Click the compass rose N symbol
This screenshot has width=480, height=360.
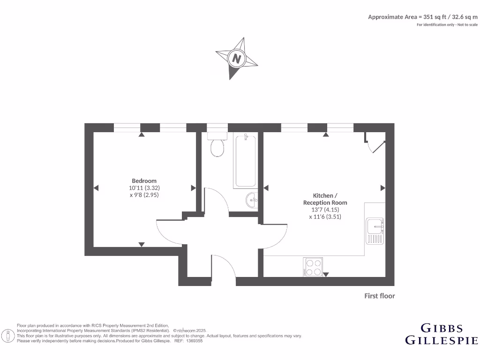pyautogui.click(x=237, y=59)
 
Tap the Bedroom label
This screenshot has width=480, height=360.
pyautogui.click(x=144, y=181)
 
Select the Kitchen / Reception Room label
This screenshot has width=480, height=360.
pyautogui.click(x=325, y=199)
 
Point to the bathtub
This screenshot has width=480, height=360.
pyautogui.click(x=245, y=161)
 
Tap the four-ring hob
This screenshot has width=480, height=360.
pyautogui.click(x=313, y=267)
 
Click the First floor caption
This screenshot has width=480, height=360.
pyautogui.click(x=380, y=296)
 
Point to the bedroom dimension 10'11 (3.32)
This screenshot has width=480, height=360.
pyautogui.click(x=144, y=188)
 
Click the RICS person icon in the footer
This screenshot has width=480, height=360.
pyautogui.click(x=7, y=336)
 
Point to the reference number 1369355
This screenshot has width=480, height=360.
pyautogui.click(x=194, y=341)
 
